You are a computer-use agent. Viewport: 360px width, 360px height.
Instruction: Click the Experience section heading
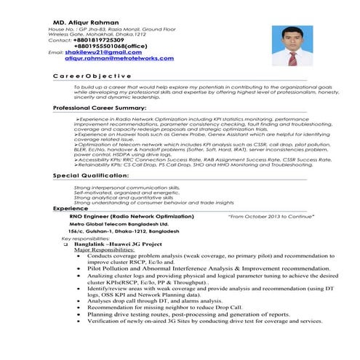(71, 209)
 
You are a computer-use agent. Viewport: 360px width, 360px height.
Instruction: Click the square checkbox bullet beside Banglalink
(66, 244)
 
